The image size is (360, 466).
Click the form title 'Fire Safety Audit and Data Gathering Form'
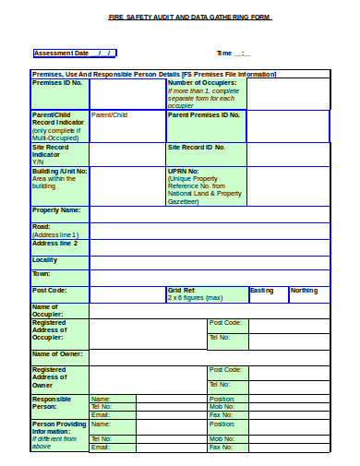(189, 18)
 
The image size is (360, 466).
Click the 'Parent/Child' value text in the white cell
(110, 115)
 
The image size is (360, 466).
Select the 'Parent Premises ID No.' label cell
(204, 115)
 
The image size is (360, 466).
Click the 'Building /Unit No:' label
(60, 171)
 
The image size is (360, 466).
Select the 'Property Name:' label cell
(57, 210)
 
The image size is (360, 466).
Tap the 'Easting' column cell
(262, 291)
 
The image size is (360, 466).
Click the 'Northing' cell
(305, 291)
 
